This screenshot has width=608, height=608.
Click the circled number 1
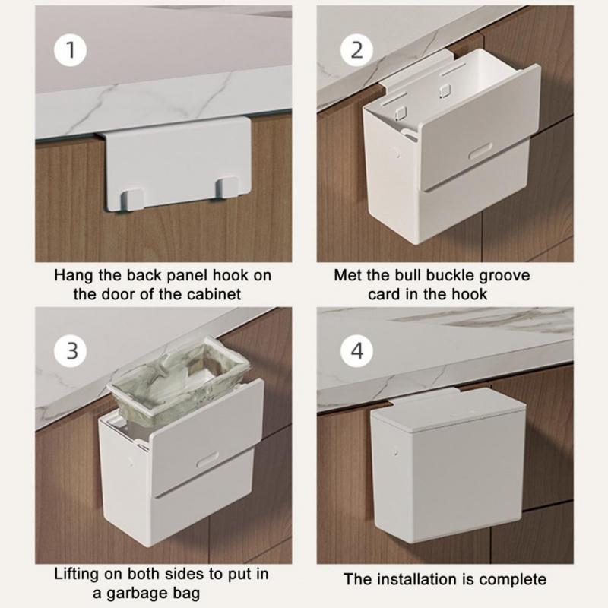tap(70, 51)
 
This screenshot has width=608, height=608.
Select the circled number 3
tap(70, 351)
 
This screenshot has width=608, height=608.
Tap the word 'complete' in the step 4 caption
tap(516, 580)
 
